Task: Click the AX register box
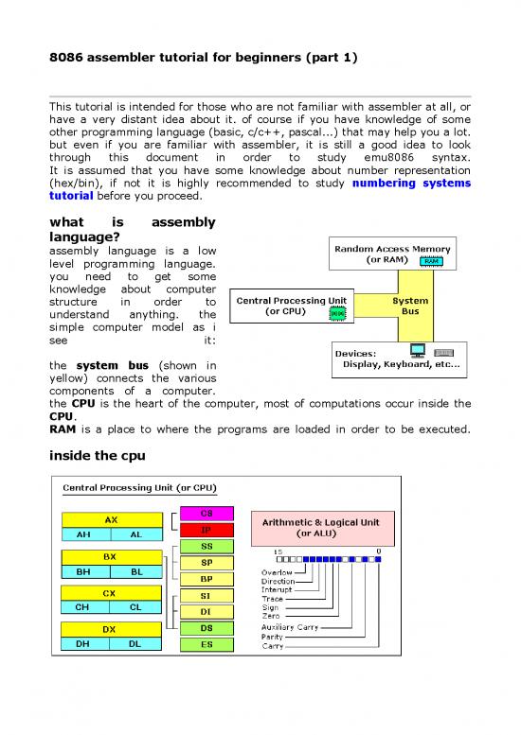[111, 519]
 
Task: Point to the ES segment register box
[205, 645]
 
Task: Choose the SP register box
[205, 563]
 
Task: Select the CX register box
[111, 592]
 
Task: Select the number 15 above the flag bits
[278, 551]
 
